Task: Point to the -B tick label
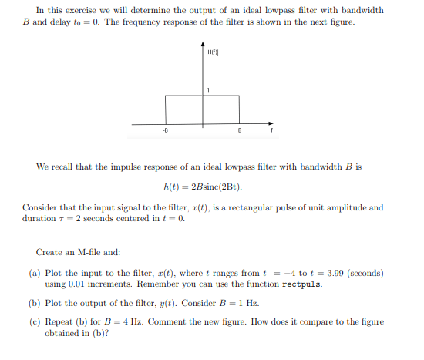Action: click(164, 131)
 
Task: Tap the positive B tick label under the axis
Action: click(240, 131)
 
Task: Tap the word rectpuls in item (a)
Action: click(303, 284)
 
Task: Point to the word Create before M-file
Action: click(50, 253)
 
